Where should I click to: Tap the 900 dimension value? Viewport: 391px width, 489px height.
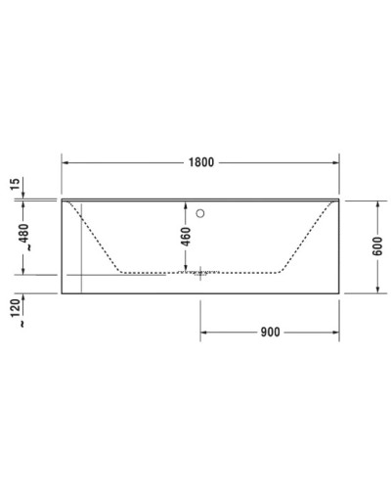click(x=271, y=333)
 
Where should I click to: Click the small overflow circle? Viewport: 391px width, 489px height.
click(x=201, y=210)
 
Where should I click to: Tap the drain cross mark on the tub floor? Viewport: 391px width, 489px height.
click(x=201, y=273)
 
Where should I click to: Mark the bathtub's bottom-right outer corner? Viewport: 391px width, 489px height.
click(x=339, y=292)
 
